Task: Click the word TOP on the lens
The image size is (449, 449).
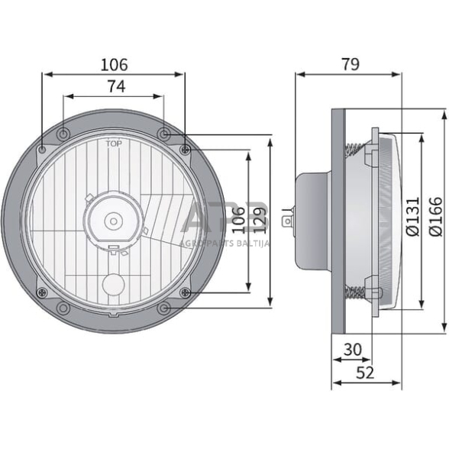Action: click(x=113, y=142)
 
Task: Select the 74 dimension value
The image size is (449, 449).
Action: click(x=115, y=87)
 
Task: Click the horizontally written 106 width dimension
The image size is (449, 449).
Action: click(x=115, y=65)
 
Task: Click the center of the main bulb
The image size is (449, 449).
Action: click(x=113, y=221)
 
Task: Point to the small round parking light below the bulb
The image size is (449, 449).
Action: click(x=113, y=284)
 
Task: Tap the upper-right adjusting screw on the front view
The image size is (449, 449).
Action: click(x=185, y=149)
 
